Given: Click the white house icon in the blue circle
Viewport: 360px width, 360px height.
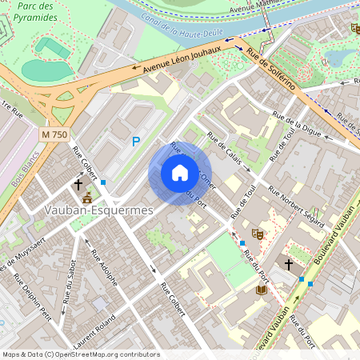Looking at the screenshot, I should coord(180,173).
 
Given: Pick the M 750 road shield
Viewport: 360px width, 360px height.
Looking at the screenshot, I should coord(54,134).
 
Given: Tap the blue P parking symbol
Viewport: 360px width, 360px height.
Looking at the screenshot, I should coord(136,142).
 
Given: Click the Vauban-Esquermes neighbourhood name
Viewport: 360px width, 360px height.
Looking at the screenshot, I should coord(88,210).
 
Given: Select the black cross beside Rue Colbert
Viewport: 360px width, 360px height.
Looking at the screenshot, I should coord(78,184).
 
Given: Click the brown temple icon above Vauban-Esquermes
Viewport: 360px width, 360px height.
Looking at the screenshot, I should coord(87,197).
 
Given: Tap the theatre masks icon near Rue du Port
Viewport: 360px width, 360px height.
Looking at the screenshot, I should coord(257,234).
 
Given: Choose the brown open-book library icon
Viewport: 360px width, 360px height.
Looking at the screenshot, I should coord(261,290).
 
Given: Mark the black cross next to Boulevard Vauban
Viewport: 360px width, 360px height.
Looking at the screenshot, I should coord(289,263).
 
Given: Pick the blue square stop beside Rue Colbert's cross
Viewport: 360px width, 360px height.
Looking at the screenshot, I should coord(103,182).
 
